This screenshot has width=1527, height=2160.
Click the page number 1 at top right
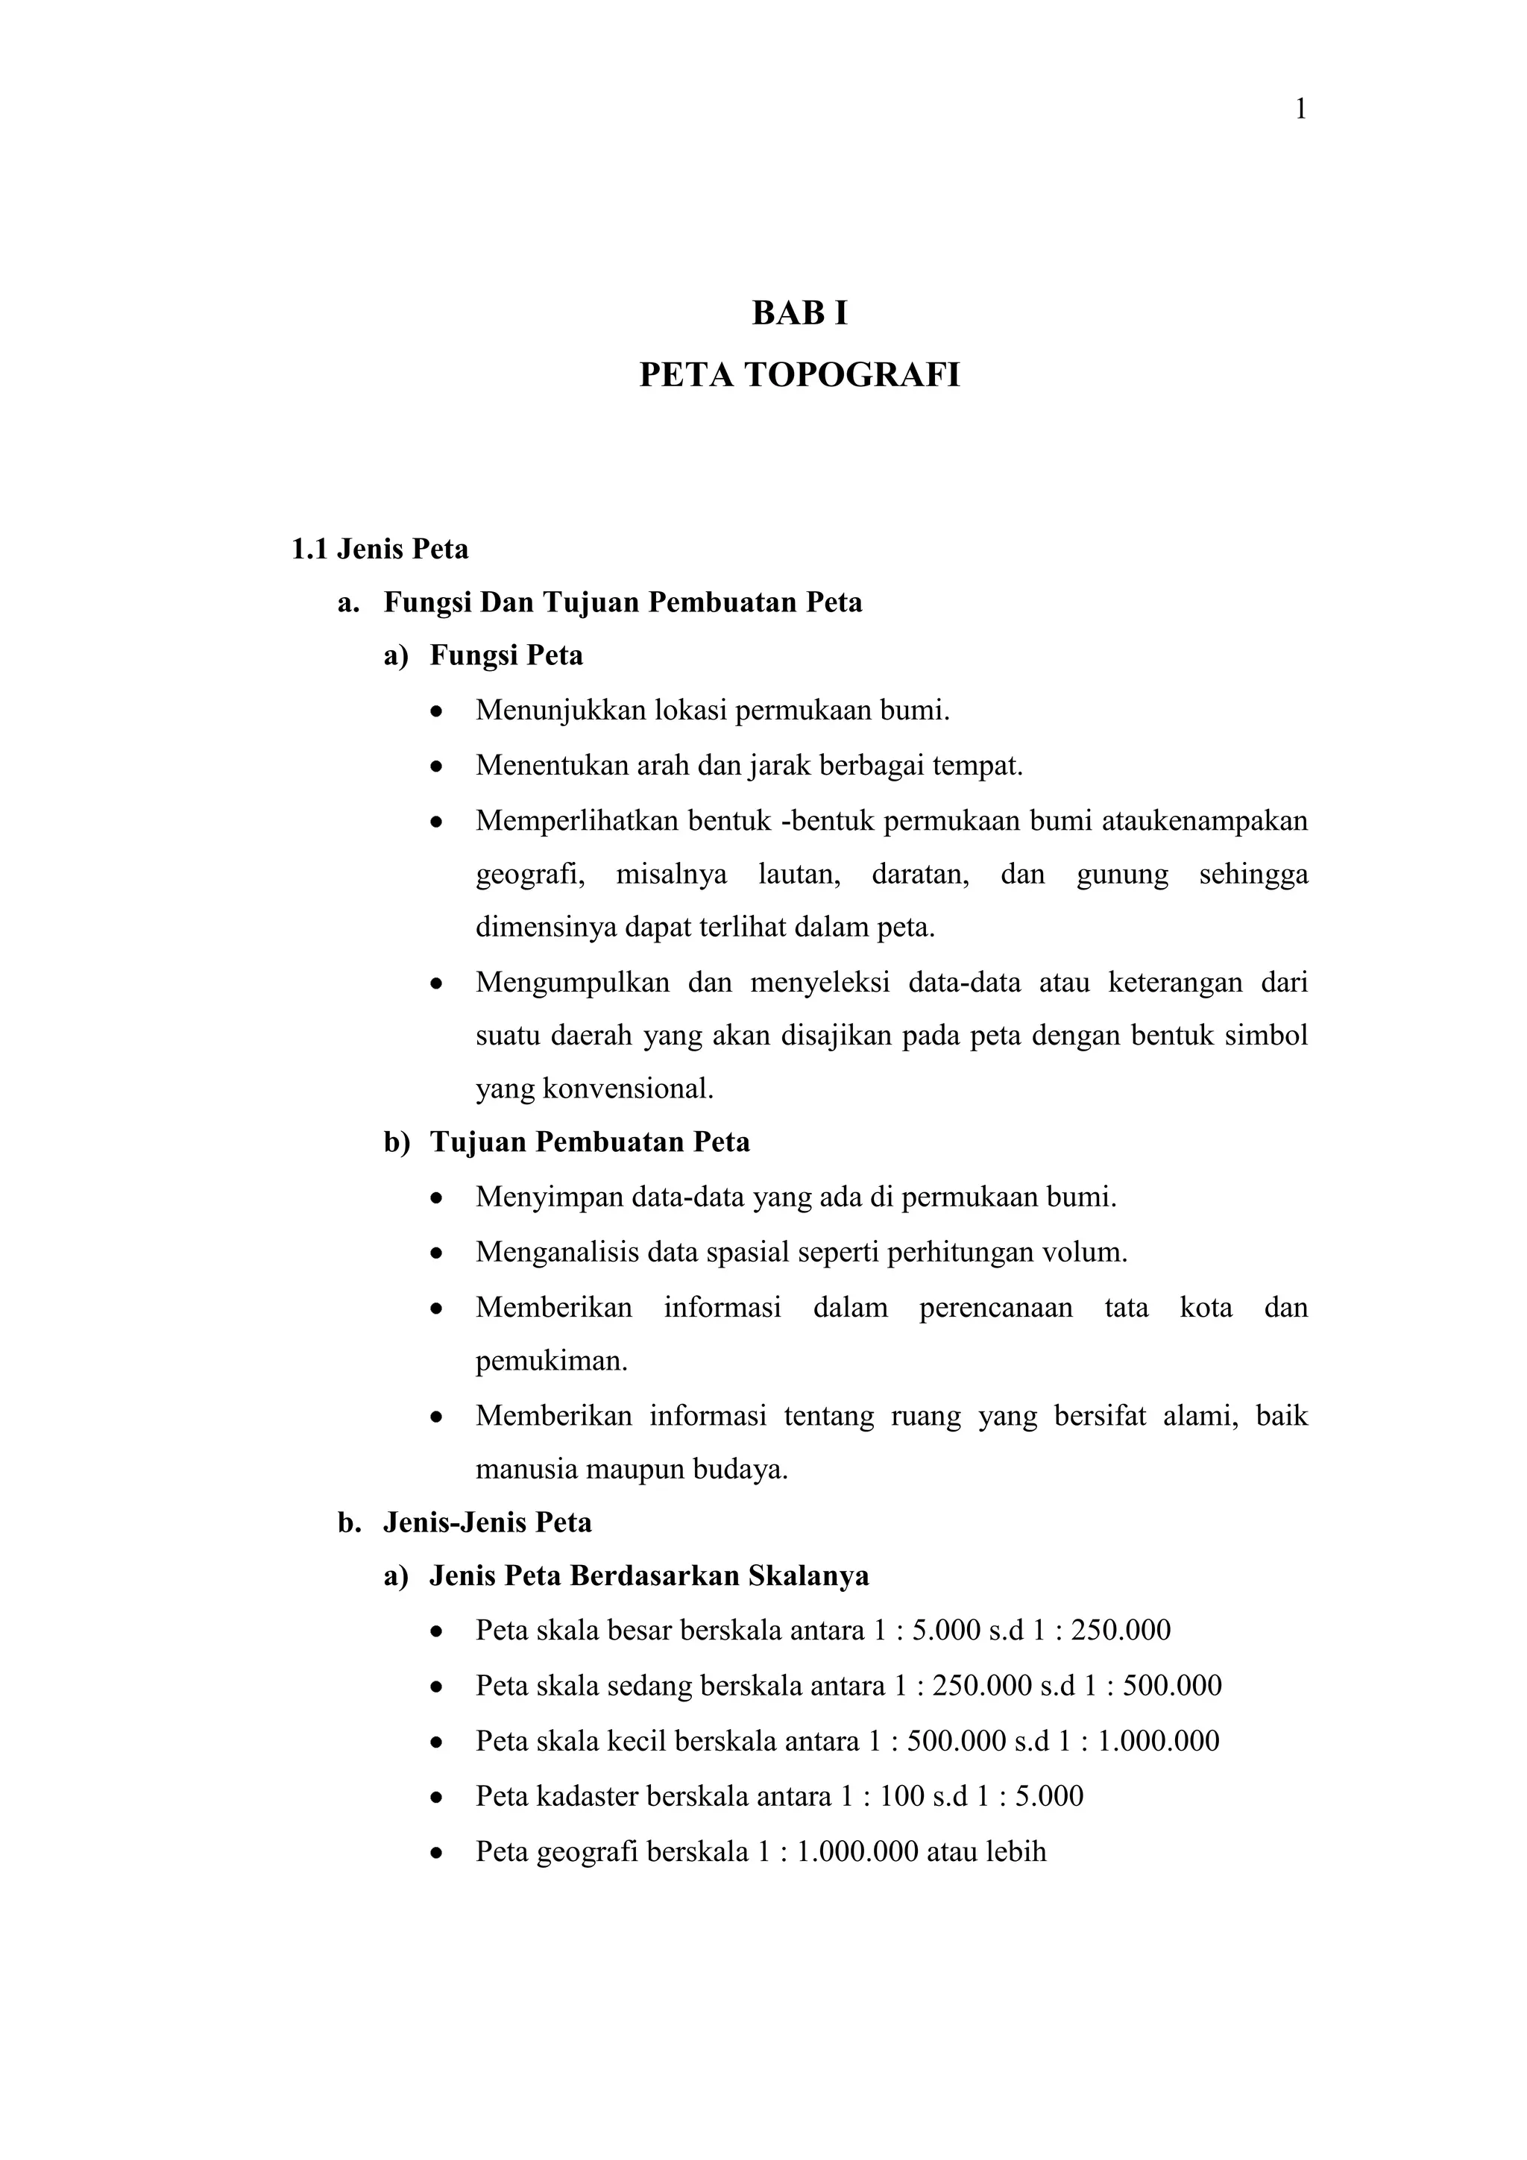pos(1301,110)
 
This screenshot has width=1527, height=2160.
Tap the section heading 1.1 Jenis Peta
pos(380,549)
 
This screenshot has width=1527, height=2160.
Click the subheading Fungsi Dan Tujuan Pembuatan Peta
pos(622,602)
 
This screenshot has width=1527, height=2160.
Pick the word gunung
pos(1121,874)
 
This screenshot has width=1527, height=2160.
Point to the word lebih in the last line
pos(1016,1851)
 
